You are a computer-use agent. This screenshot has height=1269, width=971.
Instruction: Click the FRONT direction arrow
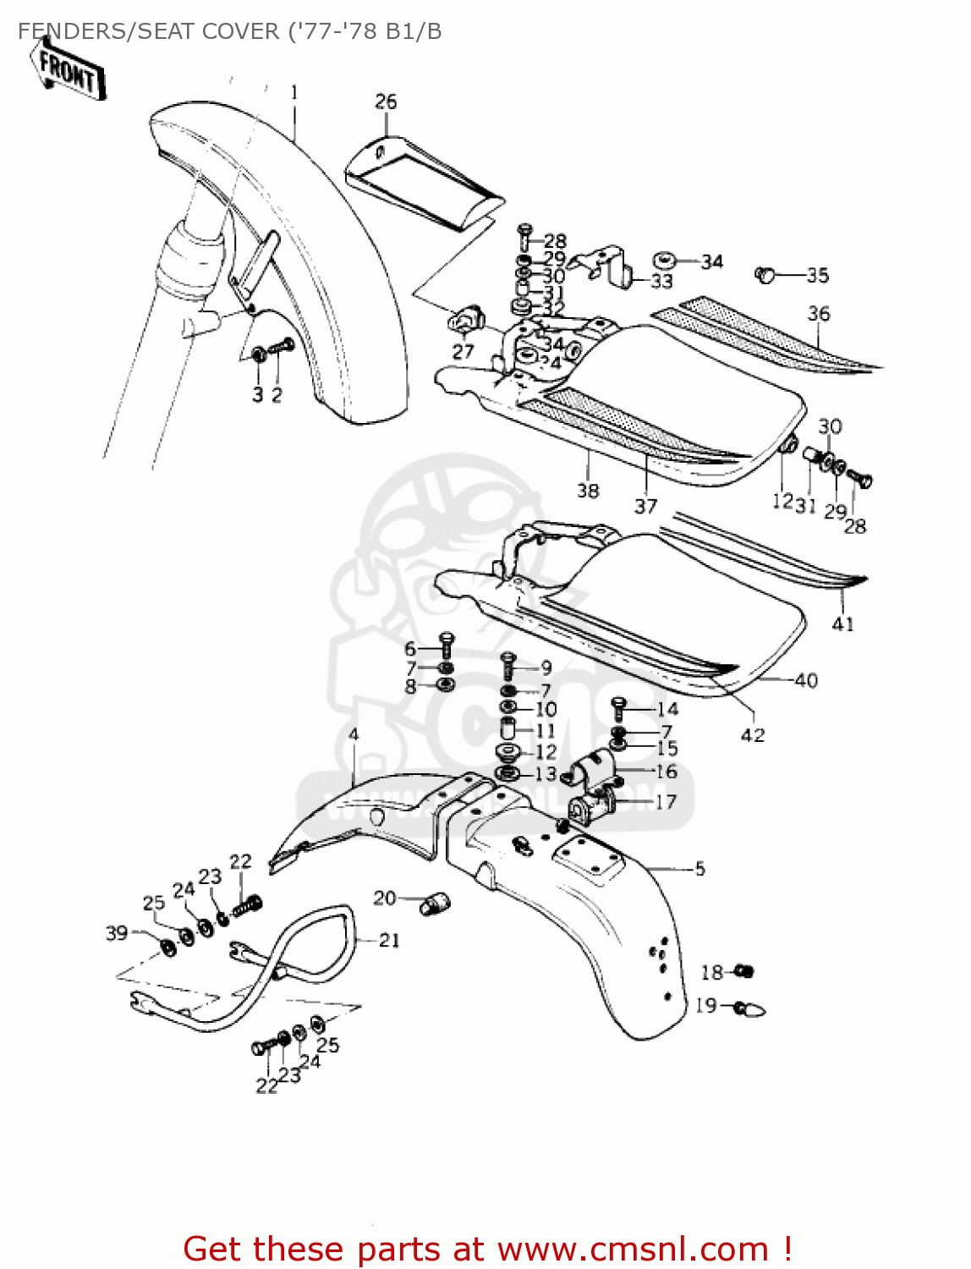coord(69,71)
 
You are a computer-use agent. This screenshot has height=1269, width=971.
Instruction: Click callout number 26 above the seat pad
coord(386,102)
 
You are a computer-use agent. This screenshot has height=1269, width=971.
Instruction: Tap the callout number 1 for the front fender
coord(294,92)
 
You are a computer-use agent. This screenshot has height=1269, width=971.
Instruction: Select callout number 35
coord(817,275)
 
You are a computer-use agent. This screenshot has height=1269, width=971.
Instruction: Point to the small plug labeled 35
coord(765,274)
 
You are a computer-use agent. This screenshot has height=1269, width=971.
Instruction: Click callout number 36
coord(819,314)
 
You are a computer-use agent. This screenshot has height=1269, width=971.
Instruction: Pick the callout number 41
coord(842,624)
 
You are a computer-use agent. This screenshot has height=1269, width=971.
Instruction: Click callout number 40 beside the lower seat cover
coord(806,680)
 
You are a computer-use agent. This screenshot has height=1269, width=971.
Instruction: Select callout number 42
coord(753,735)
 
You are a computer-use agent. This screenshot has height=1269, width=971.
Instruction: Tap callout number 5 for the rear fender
coord(699,868)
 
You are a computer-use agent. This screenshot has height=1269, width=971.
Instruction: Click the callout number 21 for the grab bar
coord(389,940)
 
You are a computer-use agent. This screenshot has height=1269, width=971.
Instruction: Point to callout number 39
coord(117,933)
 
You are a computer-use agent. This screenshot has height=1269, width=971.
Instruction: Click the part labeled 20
coord(436,904)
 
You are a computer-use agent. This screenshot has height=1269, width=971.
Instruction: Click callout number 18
coord(711,972)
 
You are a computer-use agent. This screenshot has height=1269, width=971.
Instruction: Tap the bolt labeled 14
coord(618,707)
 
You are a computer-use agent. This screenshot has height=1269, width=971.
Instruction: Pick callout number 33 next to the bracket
coord(661,280)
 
